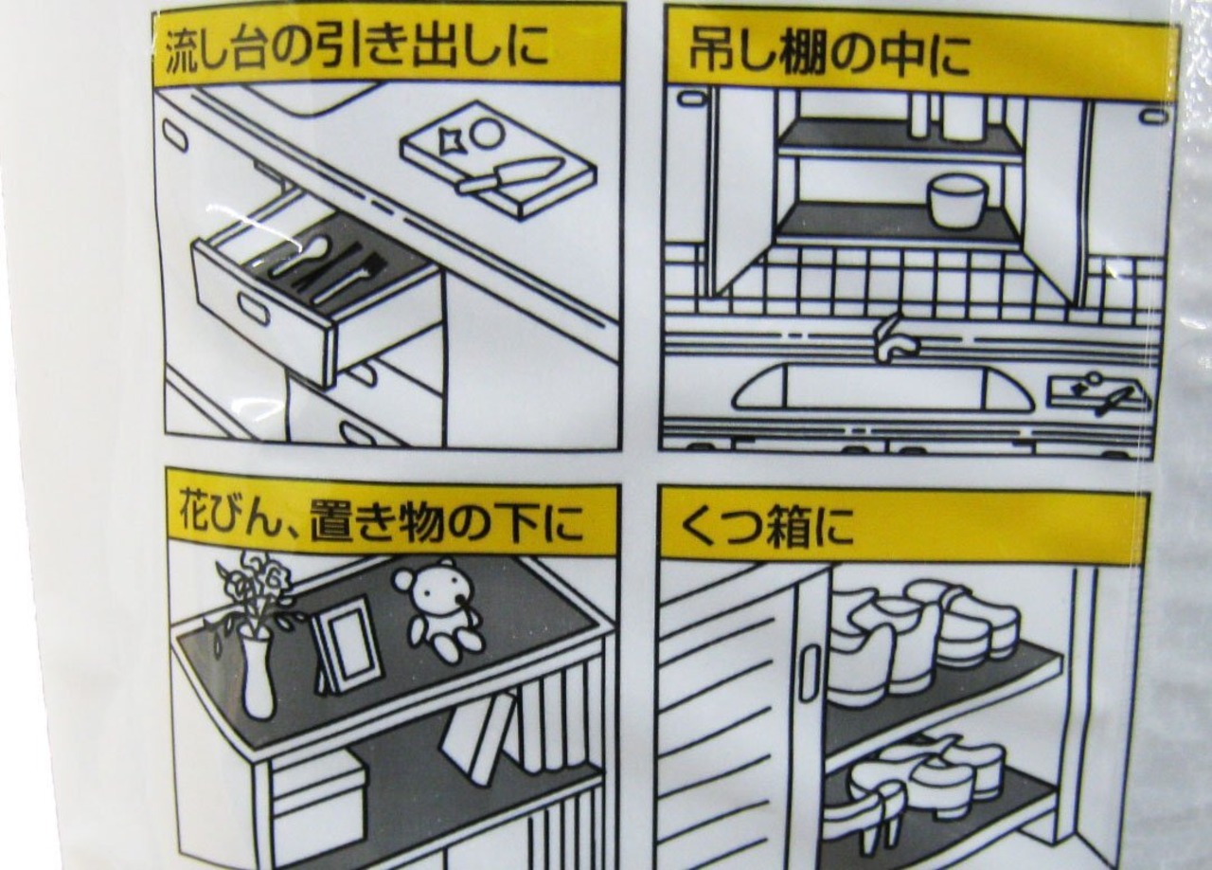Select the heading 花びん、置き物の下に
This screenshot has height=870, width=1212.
pos(382,523)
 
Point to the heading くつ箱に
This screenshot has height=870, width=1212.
pos(757,525)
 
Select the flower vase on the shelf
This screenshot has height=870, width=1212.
pos(258,676)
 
